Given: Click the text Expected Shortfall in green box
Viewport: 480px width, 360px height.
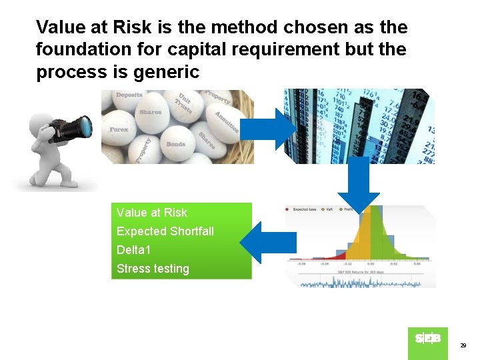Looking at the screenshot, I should [x=165, y=231].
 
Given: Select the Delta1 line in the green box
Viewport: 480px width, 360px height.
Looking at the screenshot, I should [x=134, y=250].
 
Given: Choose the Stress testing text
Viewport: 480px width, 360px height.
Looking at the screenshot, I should [x=153, y=269].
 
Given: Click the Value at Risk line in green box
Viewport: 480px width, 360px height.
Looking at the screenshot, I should [x=152, y=213].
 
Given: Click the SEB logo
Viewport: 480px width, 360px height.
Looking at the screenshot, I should [x=427, y=339].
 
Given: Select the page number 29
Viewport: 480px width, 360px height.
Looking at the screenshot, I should [x=463, y=345].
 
